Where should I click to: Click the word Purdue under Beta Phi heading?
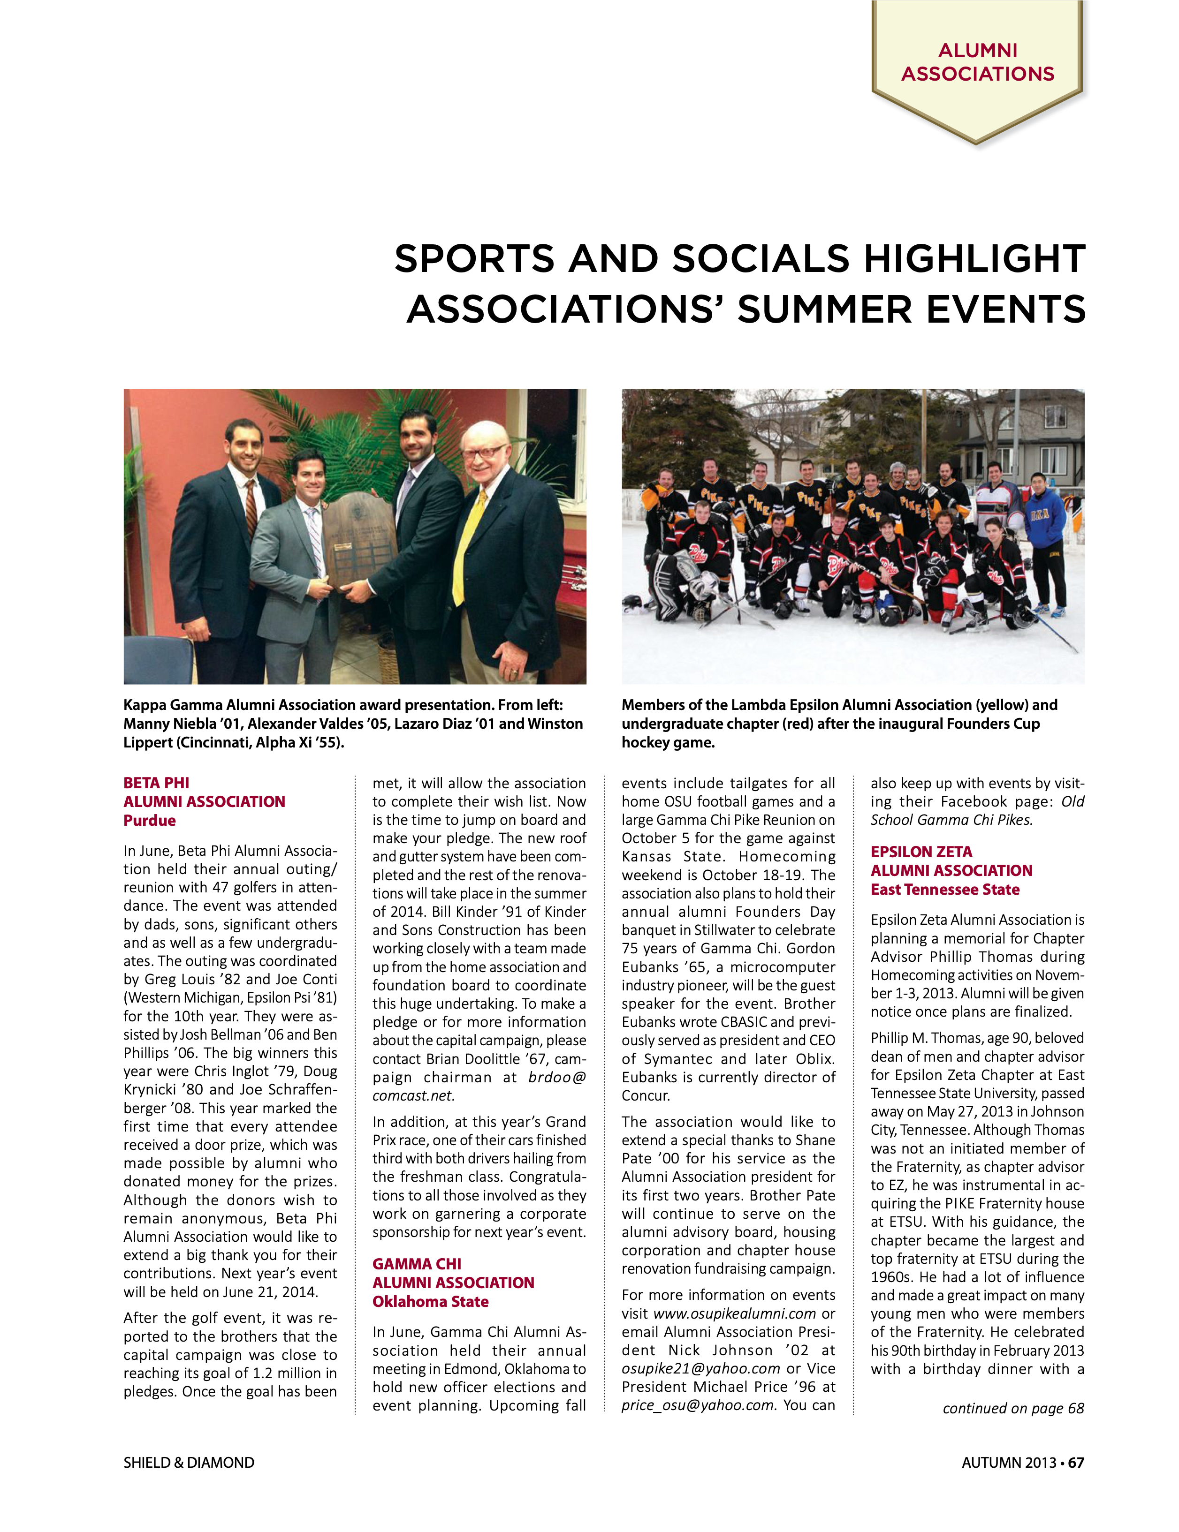pyautogui.click(x=150, y=821)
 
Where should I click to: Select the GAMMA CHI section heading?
pyautogui.click(x=417, y=1264)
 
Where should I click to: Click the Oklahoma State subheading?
pyautogui.click(x=430, y=1302)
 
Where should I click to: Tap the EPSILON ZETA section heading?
pyautogui.click(x=921, y=852)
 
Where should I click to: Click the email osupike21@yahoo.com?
pyautogui.click(x=700, y=1368)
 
